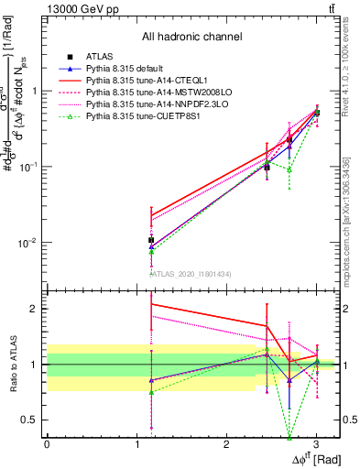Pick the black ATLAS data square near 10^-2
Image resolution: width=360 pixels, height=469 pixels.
151,240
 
